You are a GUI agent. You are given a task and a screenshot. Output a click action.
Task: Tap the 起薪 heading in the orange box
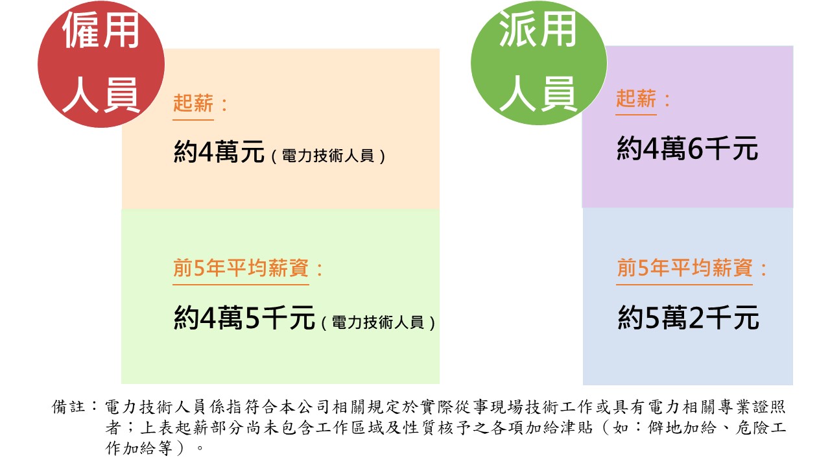tap(193, 104)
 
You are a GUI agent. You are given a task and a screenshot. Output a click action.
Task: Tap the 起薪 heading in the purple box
tap(636, 99)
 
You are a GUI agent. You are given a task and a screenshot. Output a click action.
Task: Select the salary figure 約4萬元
tap(219, 154)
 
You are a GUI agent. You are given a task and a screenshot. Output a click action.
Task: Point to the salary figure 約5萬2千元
tap(688, 318)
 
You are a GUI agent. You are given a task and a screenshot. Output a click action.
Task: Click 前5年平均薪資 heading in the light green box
tap(241, 269)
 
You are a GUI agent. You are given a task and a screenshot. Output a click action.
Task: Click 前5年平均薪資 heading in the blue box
tap(684, 269)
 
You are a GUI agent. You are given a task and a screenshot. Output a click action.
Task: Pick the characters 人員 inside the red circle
tap(102, 95)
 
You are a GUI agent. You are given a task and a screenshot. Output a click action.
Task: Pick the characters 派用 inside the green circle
tap(538, 30)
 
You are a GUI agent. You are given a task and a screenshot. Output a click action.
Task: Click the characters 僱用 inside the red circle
tap(102, 30)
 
